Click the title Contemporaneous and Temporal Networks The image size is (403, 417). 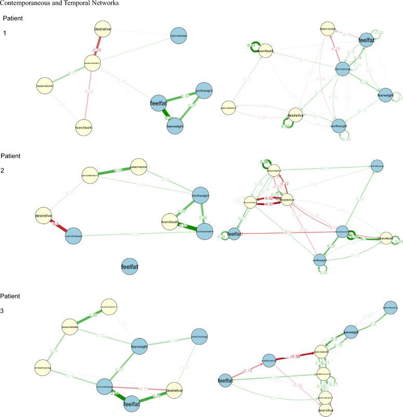(60, 4)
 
